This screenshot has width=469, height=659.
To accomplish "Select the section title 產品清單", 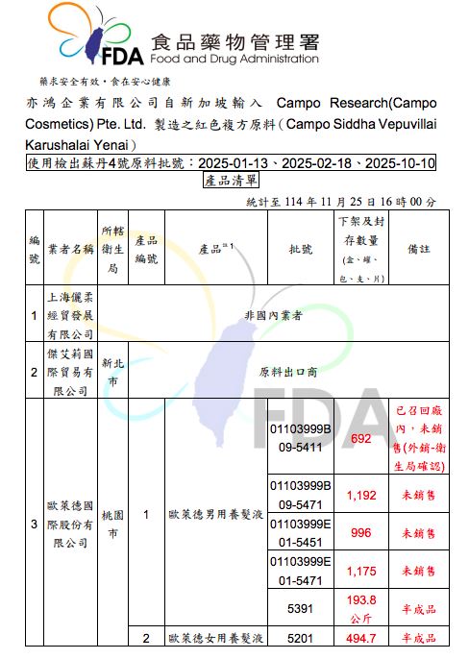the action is point(231,180).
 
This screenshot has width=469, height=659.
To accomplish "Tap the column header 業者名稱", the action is point(71,248).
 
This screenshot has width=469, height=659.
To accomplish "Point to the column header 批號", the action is point(300,248).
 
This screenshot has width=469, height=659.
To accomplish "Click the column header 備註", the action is point(418,248).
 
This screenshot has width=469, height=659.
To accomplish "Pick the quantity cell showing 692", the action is point(361,438).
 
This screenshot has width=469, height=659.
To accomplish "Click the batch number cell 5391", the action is point(300,607).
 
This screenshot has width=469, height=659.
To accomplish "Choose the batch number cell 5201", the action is point(300,638).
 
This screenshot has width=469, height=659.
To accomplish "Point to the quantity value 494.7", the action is point(361,638).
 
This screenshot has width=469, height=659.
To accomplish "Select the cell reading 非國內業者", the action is point(274,314).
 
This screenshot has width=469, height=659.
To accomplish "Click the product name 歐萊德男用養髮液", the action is point(214,514).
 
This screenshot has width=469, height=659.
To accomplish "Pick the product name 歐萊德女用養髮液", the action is point(214,638).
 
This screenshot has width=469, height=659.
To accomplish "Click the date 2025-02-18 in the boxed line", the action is point(323,163).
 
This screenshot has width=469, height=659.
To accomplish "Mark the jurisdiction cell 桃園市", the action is point(111,524).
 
